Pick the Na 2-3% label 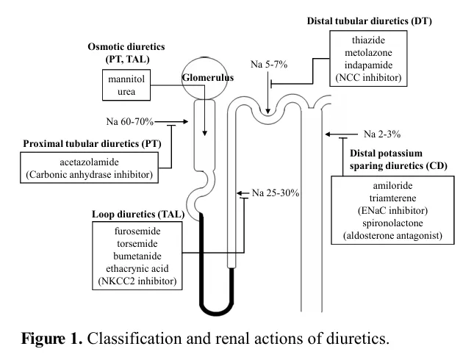pos(381,134)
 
